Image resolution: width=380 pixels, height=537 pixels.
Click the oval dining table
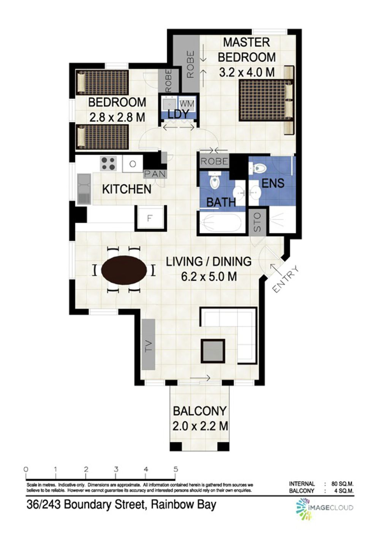(x=124, y=270)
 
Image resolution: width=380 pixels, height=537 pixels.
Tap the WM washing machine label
(x=187, y=104)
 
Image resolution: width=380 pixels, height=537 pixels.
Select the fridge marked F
(x=150, y=218)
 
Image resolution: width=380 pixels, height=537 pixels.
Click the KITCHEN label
(x=127, y=190)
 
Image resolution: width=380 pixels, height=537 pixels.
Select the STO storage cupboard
(x=257, y=222)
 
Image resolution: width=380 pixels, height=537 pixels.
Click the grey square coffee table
(x=213, y=351)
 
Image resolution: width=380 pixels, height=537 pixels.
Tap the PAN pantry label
(x=155, y=174)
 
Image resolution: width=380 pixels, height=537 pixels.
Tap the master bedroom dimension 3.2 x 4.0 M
(x=247, y=72)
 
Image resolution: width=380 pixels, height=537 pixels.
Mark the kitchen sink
(x=84, y=189)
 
